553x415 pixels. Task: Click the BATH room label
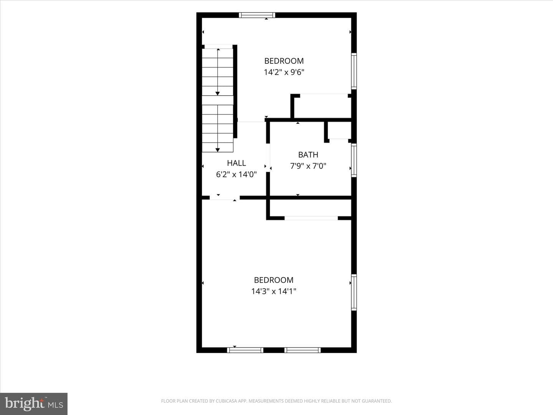point(308,155)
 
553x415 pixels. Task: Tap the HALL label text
point(236,163)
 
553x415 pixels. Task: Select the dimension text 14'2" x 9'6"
point(284,72)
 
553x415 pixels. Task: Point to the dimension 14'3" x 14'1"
point(273,292)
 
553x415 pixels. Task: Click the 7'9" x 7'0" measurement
point(308,166)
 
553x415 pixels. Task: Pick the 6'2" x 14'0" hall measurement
point(236,174)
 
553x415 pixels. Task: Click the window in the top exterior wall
point(257,15)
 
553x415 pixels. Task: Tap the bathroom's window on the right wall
point(354,160)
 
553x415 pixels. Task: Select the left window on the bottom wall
point(245,350)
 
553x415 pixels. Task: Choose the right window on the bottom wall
point(303,350)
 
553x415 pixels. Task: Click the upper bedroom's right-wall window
point(354,71)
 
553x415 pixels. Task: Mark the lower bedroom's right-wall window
point(354,292)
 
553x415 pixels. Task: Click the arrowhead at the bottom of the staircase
point(218,150)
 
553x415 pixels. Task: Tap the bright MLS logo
point(34,403)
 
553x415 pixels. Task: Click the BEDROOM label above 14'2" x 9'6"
point(284,61)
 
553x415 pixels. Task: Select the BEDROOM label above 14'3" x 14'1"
point(273,280)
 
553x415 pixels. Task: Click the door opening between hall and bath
point(268,158)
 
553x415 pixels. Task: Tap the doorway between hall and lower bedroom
point(225,198)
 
